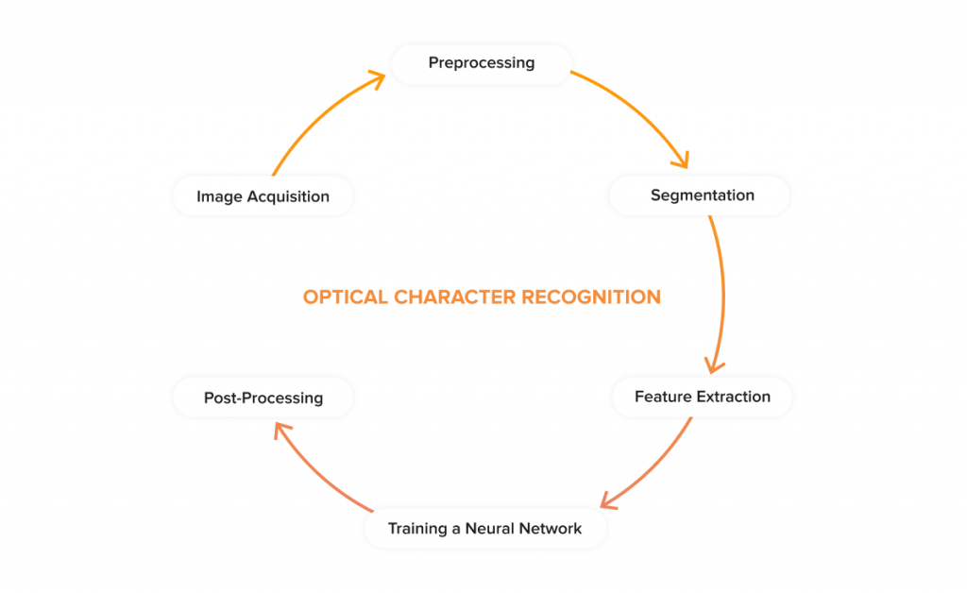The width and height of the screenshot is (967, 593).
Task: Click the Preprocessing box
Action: pos(481,63)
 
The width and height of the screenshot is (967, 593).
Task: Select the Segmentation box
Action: pos(700,195)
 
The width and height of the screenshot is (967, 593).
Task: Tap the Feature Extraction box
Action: pos(702,397)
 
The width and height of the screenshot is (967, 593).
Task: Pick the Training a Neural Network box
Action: pos(485,528)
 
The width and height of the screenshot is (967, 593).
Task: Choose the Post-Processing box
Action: pos(263,398)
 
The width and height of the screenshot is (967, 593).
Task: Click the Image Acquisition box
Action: pos(263,196)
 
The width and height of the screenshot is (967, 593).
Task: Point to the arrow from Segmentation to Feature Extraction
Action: pos(722,296)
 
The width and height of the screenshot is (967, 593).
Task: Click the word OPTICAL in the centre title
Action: pos(345,297)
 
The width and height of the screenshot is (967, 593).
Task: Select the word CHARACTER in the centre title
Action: pos(454,297)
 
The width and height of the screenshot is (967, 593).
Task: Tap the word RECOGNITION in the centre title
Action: pos(591,297)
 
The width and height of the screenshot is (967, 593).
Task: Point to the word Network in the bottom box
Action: pos(551,528)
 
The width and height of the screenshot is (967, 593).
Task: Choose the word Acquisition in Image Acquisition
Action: pos(288,196)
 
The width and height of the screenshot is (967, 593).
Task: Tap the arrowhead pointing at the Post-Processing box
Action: pos(282,431)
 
